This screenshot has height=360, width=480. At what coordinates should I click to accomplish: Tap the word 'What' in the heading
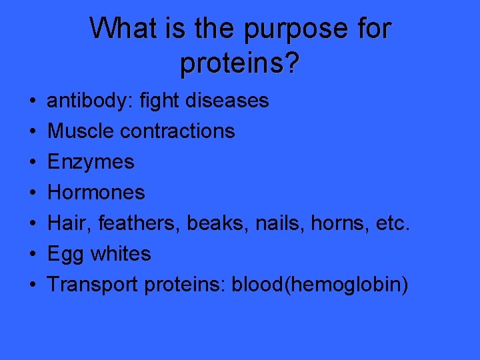(x=121, y=29)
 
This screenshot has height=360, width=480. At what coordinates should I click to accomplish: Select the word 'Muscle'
(x=81, y=131)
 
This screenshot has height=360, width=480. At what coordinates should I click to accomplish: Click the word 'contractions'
(x=177, y=131)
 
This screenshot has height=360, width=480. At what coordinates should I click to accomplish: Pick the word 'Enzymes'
(x=91, y=162)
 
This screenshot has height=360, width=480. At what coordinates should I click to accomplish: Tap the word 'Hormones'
(x=96, y=193)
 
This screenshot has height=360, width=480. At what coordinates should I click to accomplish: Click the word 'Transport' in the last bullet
(x=93, y=285)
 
